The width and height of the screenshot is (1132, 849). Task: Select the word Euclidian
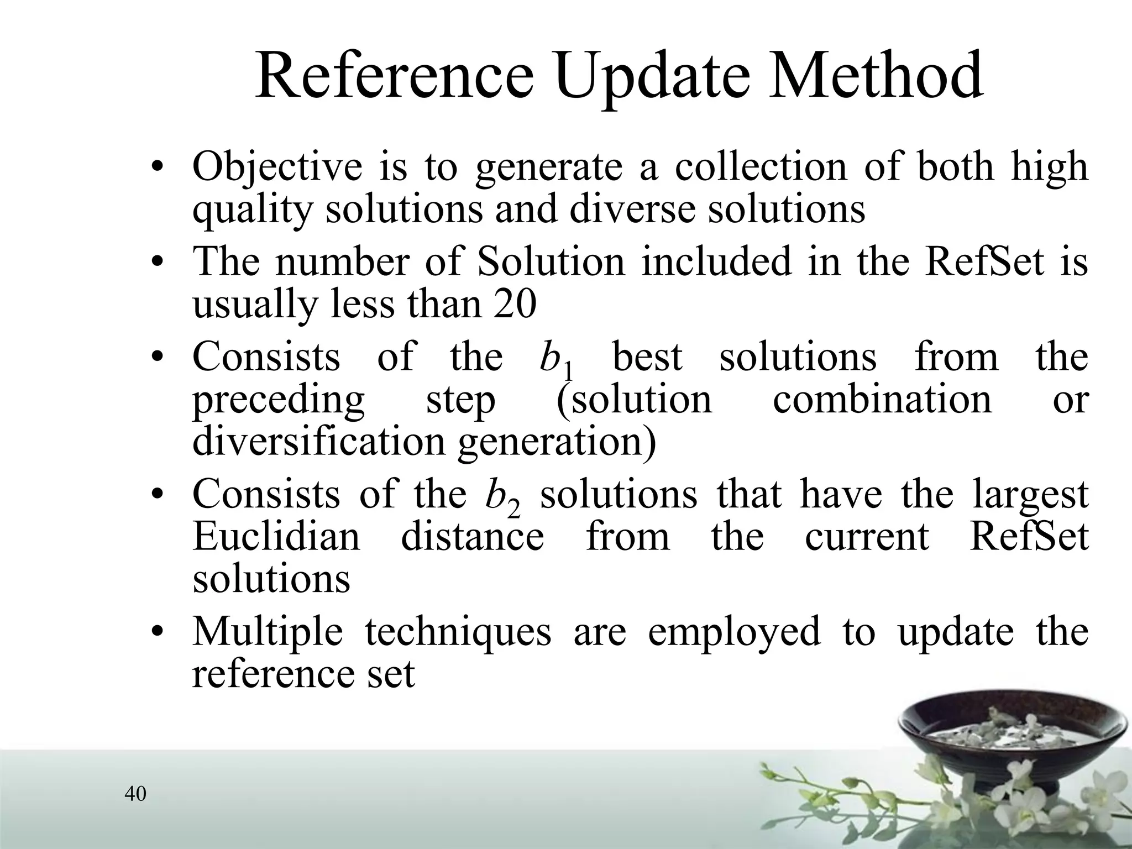click(276, 536)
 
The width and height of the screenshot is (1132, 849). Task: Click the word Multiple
click(268, 633)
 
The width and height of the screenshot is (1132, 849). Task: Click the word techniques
click(458, 633)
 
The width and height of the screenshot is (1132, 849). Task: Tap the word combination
click(882, 399)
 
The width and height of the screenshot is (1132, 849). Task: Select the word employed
click(734, 633)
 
